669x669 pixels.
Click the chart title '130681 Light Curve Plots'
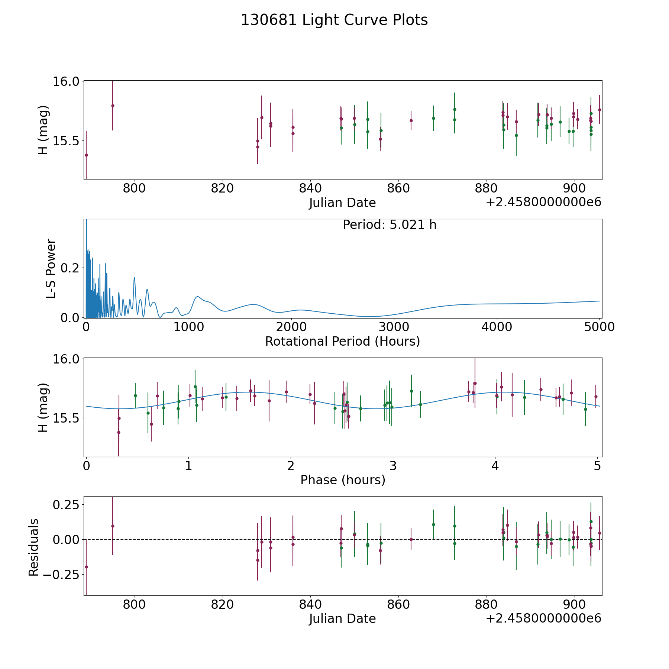[334, 20]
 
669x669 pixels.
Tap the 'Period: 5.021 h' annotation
[390, 225]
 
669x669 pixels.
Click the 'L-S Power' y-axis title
[51, 268]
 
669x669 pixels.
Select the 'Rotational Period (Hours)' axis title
[342, 341]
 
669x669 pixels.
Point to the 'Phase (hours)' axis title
[343, 480]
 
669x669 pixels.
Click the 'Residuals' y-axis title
[33, 547]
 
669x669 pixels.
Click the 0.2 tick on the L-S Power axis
[71, 268]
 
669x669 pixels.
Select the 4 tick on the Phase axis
[495, 466]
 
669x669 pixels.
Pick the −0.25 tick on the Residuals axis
[59, 574]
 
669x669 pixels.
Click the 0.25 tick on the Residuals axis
[66, 505]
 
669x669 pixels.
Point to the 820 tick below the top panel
[222, 189]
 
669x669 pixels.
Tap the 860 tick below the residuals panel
[398, 605]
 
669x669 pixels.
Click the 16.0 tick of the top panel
[66, 81]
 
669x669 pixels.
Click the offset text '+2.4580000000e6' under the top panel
[543, 202]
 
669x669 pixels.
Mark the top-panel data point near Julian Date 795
[113, 106]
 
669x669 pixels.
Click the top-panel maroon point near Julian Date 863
[411, 120]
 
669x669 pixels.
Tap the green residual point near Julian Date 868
[433, 524]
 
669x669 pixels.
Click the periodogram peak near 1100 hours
[198, 297]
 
